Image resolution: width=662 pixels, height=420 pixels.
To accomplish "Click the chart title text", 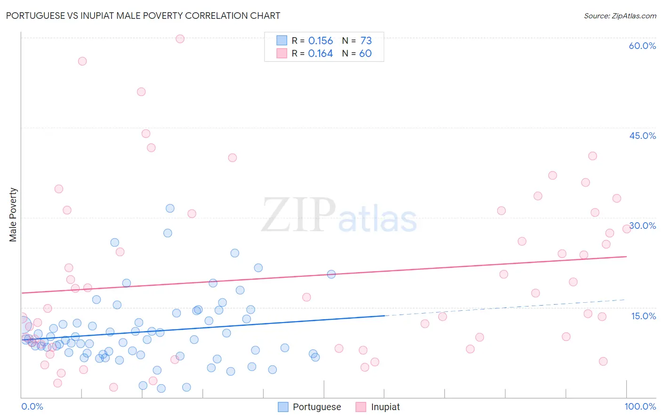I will coord(143,16).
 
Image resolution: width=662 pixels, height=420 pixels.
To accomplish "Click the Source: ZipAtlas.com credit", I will coord(620,16).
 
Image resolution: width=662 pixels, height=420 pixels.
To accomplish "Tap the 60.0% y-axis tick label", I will coord(642,46).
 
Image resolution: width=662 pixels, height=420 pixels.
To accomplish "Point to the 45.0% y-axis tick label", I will coord(642,136).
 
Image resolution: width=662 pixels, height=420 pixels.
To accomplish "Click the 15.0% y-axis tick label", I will coord(643,316).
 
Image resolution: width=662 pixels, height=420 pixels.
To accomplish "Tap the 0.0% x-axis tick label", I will coord(32,406).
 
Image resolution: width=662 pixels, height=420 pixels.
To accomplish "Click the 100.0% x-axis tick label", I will coord(640,406).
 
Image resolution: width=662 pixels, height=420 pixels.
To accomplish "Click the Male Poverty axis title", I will coord(13,215).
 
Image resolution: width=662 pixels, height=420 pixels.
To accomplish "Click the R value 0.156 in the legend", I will coord(320,41).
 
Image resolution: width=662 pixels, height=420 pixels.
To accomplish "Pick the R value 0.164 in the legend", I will coord(320,54).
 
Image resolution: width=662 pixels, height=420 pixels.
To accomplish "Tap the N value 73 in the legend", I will coord(366,41).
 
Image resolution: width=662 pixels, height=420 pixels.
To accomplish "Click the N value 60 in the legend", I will coord(365,54).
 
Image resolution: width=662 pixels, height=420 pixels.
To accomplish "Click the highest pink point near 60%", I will coord(180,39).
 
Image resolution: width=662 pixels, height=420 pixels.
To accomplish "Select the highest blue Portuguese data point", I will coord(170,208).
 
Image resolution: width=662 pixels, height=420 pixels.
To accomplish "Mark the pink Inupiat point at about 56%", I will coord(82,61).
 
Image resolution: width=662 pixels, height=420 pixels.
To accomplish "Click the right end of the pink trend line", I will coord(626,257).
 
